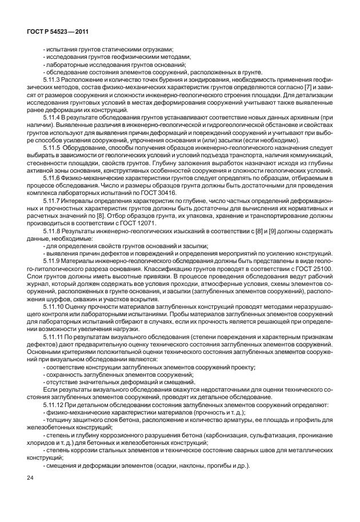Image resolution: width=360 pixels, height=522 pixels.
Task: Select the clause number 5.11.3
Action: click(x=51, y=79)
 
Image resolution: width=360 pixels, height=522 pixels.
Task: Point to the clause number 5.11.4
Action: click(x=51, y=117)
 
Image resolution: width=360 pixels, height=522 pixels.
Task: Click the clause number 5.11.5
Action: click(x=51, y=146)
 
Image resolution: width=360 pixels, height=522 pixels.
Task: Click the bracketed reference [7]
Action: click(x=299, y=87)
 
